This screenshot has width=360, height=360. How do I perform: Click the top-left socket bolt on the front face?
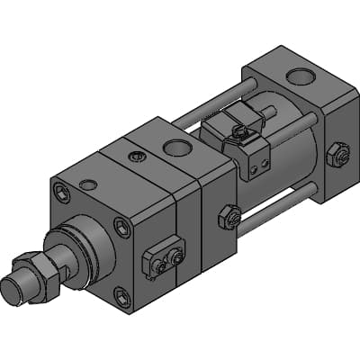60,191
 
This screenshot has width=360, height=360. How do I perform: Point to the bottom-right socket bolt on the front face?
121,293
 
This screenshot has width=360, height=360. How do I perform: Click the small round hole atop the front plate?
87,184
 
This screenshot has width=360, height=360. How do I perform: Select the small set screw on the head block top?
136,157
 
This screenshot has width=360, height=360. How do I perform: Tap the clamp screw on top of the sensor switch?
241,132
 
